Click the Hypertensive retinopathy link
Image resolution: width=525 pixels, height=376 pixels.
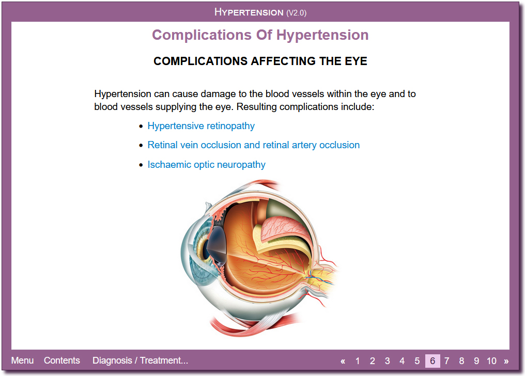pyautogui.click(x=201, y=126)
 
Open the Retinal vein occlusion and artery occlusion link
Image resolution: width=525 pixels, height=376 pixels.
pyautogui.click(x=254, y=145)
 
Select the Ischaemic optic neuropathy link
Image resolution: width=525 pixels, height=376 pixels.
pyautogui.click(x=206, y=165)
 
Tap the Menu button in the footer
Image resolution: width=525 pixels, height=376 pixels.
pyautogui.click(x=22, y=361)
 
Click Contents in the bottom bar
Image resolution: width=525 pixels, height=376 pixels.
pyautogui.click(x=62, y=361)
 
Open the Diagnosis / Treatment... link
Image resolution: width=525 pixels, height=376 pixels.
pyautogui.click(x=140, y=361)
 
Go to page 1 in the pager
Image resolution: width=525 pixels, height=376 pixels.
pyautogui.click(x=358, y=361)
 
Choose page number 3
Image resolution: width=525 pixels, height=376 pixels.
pyautogui.click(x=388, y=361)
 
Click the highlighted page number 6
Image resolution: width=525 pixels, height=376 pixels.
pyautogui.click(x=433, y=361)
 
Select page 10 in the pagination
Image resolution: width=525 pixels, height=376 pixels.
pyautogui.click(x=491, y=361)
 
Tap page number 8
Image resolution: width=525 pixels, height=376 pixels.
pyautogui.click(x=462, y=361)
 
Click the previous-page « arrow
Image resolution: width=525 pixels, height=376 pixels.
pyautogui.click(x=343, y=362)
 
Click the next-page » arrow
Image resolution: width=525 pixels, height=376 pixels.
pyautogui.click(x=506, y=362)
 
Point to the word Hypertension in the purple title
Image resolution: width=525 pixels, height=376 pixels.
pyautogui.click(x=322, y=36)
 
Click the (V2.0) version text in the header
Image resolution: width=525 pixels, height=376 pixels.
pyautogui.click(x=296, y=13)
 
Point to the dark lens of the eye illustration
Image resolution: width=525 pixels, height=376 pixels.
pyautogui.click(x=217, y=245)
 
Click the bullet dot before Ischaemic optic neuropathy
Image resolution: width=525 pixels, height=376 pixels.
pyautogui.click(x=141, y=165)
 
